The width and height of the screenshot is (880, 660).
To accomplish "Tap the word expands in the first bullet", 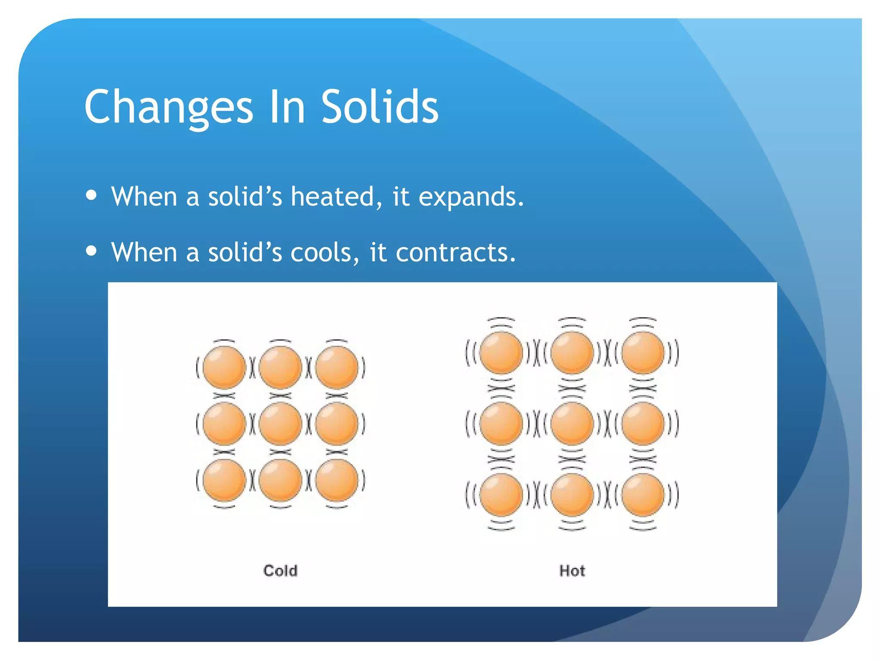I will (x=471, y=198).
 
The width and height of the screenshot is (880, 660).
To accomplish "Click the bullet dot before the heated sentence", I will (x=91, y=196).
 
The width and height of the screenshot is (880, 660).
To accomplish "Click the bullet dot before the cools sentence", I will (x=91, y=251).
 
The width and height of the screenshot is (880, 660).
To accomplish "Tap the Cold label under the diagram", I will (x=280, y=571).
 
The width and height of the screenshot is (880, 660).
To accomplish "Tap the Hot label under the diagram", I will (x=572, y=571).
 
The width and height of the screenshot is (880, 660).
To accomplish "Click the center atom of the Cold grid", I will (x=280, y=424).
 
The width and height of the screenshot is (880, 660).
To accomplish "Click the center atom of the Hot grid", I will (x=572, y=424).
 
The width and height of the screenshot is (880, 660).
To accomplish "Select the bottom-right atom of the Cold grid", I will (x=336, y=480).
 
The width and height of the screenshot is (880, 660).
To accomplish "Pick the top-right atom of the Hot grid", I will (x=643, y=353).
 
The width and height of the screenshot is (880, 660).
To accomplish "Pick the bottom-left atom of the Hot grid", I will (x=501, y=495).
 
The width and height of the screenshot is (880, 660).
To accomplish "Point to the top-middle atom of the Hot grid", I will (x=572, y=353).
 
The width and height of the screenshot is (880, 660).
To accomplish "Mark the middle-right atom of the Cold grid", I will (x=336, y=424).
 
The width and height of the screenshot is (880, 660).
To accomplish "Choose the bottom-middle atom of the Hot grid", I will (x=572, y=495).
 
